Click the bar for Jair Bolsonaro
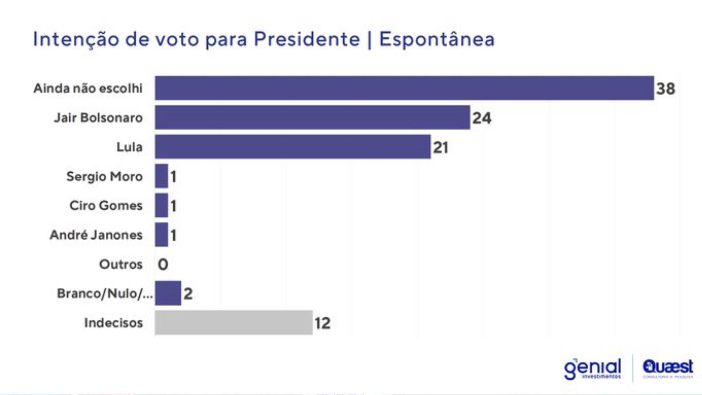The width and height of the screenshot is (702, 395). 312,117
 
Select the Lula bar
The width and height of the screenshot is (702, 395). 292,147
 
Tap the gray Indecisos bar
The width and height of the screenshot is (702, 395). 234,323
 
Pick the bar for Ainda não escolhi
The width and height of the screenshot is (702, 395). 404,88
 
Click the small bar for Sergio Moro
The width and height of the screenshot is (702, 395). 161,176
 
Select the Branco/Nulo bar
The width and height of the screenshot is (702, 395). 168,293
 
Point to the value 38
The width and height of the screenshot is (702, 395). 665,89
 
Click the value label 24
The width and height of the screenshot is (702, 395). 482,118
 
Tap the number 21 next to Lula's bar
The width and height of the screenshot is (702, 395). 441,147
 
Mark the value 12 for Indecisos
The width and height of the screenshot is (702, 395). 322,323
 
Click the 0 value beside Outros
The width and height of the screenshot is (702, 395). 163,264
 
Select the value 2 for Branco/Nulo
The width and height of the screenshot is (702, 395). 188,294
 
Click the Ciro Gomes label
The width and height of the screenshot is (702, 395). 106,206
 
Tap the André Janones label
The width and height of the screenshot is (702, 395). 96,235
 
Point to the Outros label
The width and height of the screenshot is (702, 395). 121,264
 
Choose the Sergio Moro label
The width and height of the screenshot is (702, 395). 104,176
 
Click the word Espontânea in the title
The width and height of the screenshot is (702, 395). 437,39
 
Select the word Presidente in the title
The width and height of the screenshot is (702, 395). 307,39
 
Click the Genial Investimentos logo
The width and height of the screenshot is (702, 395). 592,369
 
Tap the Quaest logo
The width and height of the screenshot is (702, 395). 668,368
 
